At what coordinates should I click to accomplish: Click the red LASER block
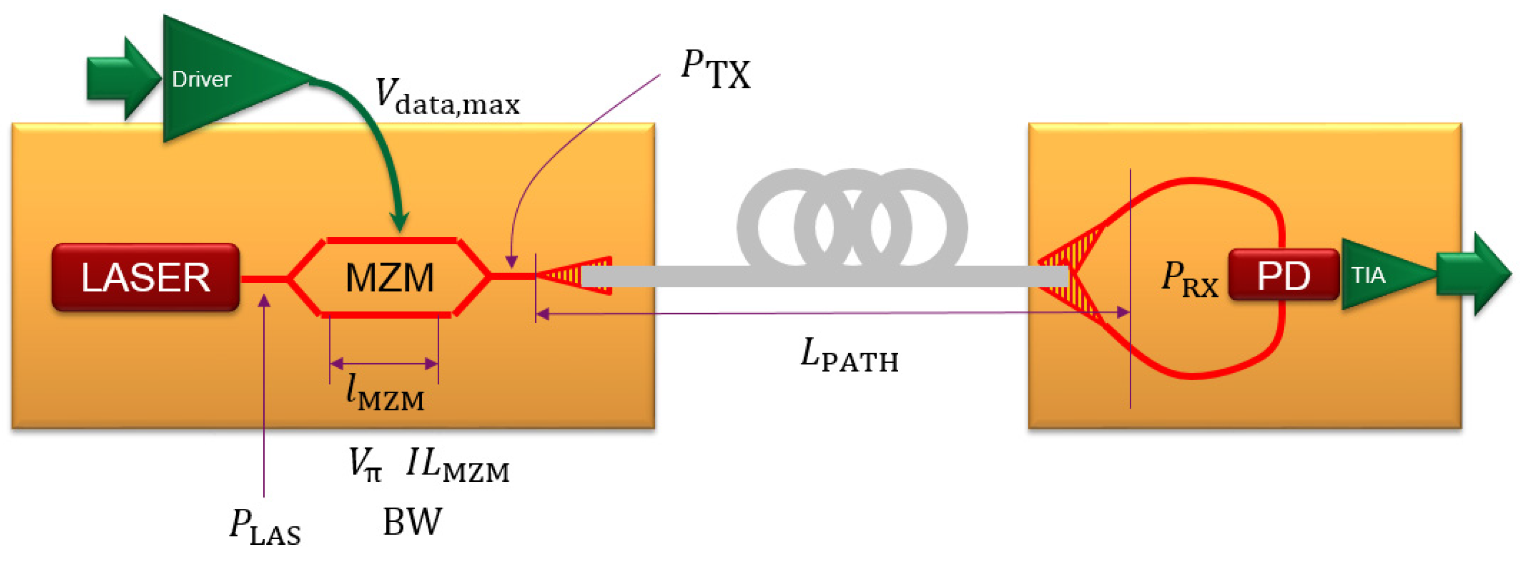(x=145, y=277)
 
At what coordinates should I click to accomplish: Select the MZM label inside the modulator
(x=389, y=278)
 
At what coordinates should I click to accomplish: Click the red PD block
(x=1283, y=275)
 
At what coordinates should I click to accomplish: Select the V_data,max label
(x=448, y=98)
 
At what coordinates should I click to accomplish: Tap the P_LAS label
(x=265, y=526)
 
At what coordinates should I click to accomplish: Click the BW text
(x=412, y=521)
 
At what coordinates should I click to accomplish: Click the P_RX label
(x=1190, y=279)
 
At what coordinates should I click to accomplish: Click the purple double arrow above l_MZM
(x=384, y=364)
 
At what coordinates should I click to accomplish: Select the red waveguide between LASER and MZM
(x=264, y=279)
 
